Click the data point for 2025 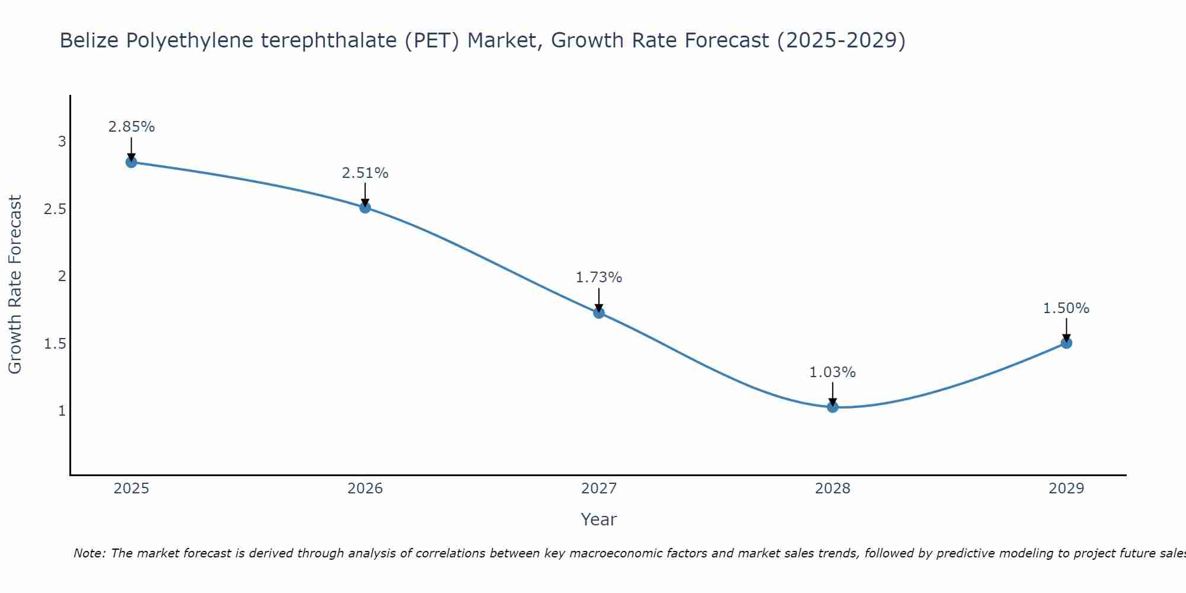[x=132, y=162]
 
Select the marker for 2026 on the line [x=365, y=207]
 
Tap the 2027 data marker [x=599, y=313]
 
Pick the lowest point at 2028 [x=833, y=407]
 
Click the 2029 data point [x=1066, y=343]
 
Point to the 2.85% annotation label [x=132, y=127]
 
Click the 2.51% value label [x=365, y=173]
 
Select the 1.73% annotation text [x=599, y=278]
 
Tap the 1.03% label [x=833, y=372]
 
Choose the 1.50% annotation [x=1066, y=308]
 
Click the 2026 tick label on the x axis [x=365, y=489]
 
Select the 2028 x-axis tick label [x=833, y=489]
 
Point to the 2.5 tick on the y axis [x=55, y=209]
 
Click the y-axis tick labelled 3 [x=62, y=142]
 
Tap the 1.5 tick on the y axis [x=55, y=344]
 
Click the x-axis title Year [x=599, y=519]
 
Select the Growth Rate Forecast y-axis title [x=15, y=285]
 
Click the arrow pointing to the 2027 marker [x=599, y=299]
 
